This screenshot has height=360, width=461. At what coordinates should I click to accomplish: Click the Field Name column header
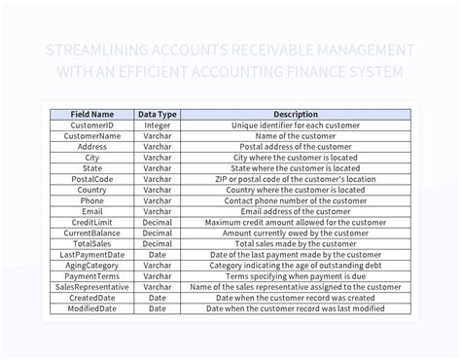pyautogui.click(x=93, y=114)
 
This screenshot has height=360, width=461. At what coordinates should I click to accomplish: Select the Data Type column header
pyautogui.click(x=158, y=114)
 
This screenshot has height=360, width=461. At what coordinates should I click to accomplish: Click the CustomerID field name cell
pyautogui.click(x=93, y=126)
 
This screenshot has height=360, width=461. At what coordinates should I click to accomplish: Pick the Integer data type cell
pyautogui.click(x=158, y=126)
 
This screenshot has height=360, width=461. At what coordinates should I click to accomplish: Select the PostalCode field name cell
pyautogui.click(x=93, y=179)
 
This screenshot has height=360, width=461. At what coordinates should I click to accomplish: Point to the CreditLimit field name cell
pyautogui.click(x=93, y=223)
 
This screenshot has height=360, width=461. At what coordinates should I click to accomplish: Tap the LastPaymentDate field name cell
pyautogui.click(x=93, y=255)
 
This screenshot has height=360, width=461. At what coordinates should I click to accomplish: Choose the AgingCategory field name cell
pyautogui.click(x=93, y=266)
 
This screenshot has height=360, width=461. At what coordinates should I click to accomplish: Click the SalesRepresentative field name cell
pyautogui.click(x=93, y=287)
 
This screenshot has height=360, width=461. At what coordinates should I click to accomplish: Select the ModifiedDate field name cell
pyautogui.click(x=93, y=308)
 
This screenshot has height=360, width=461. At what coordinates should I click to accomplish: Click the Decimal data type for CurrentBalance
pyautogui.click(x=158, y=234)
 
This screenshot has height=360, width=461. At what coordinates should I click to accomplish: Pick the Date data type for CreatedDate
pyautogui.click(x=158, y=298)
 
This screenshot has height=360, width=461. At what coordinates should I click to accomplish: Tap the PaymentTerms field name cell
pyautogui.click(x=93, y=276)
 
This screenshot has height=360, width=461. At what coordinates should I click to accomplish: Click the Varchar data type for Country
pyautogui.click(x=158, y=190)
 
